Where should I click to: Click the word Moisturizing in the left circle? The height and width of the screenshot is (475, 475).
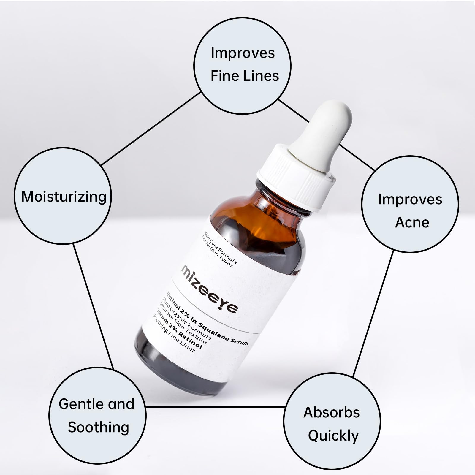point(64,197)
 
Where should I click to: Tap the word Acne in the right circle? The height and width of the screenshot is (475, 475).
point(412,222)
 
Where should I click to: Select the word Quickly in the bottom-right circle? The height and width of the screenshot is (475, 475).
point(333,436)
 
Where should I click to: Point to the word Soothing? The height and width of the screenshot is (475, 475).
point(98,427)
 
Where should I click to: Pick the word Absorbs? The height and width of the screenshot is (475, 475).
point(331,412)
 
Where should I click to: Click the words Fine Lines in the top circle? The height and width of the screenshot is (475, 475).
point(245,76)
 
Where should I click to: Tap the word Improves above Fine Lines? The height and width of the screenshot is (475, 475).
point(243,53)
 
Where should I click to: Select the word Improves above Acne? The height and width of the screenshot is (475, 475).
point(410,199)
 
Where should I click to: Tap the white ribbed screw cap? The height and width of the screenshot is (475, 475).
point(297,178)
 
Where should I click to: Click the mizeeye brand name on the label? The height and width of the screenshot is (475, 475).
point(210,289)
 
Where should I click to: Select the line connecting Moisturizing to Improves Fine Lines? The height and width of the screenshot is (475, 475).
point(151,128)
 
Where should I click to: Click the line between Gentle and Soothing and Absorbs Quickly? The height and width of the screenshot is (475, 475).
point(215,407)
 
